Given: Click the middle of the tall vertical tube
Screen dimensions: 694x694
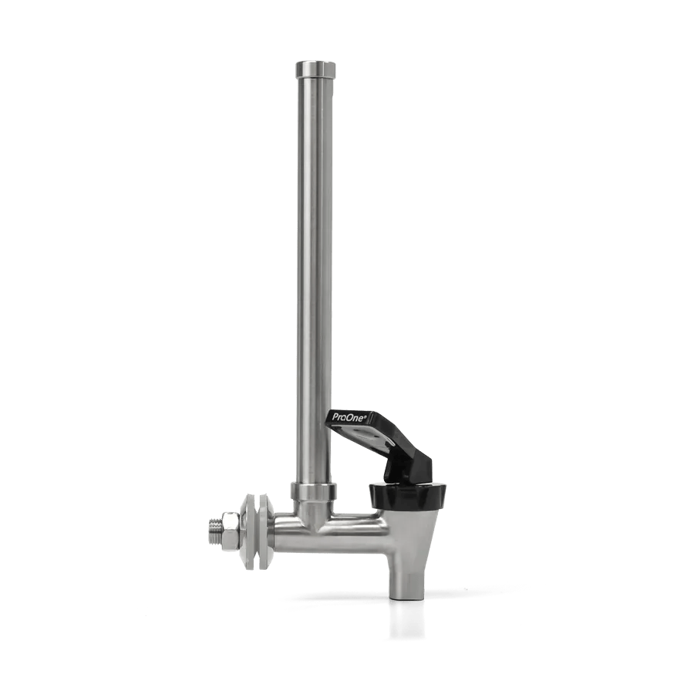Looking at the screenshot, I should [x=314, y=278].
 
